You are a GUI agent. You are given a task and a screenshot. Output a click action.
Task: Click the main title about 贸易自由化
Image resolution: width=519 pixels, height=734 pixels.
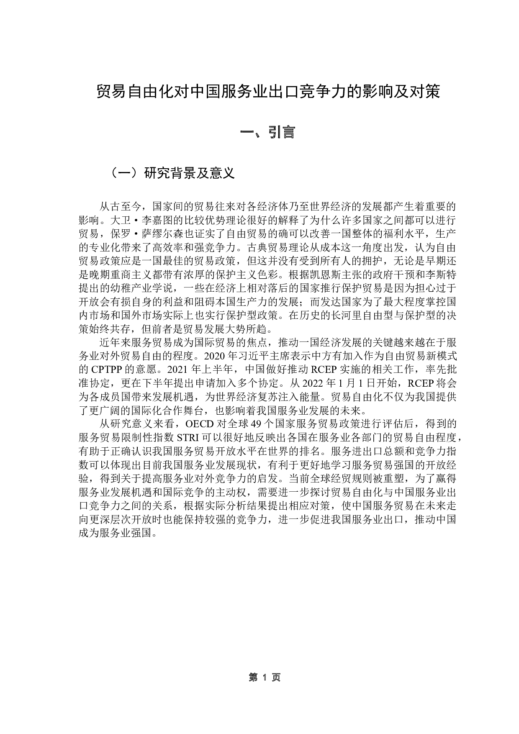tap(268, 92)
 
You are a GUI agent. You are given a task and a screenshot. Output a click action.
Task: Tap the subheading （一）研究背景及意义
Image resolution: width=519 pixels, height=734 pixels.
tap(172, 173)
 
